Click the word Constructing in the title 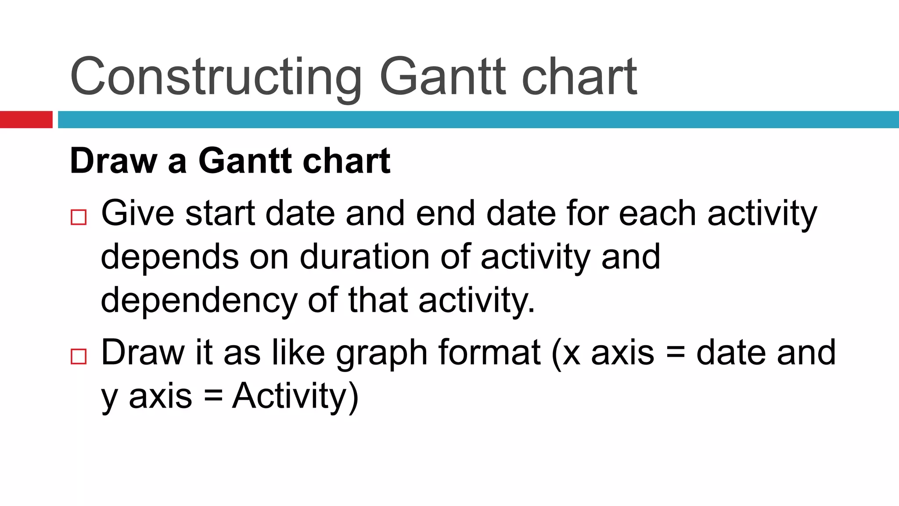click(x=216, y=77)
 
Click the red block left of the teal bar click(x=26, y=119)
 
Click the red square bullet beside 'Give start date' click(x=79, y=217)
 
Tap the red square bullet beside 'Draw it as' click(x=79, y=356)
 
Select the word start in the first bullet click(x=220, y=213)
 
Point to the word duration click(x=364, y=257)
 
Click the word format click(x=489, y=352)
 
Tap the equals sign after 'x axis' click(x=675, y=353)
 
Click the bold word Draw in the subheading click(x=113, y=161)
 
